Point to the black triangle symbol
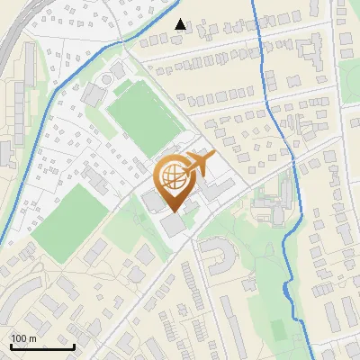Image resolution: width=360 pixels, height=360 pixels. click(181, 24)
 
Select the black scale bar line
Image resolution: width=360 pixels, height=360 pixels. click(42, 346)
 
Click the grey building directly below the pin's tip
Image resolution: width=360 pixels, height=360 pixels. click(171, 225)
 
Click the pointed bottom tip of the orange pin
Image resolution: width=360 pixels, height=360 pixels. click(175, 211)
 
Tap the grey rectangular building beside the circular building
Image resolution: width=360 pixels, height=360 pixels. click(93, 92)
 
